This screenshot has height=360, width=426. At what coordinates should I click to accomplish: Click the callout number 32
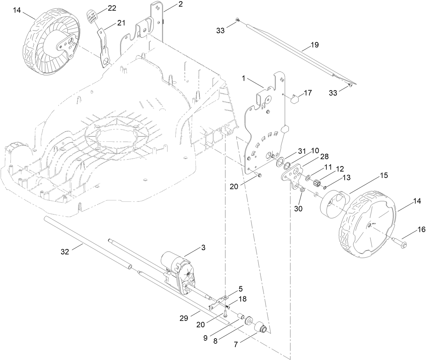click(x=65, y=252)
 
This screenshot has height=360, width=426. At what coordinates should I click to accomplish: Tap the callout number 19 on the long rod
click(x=315, y=45)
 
